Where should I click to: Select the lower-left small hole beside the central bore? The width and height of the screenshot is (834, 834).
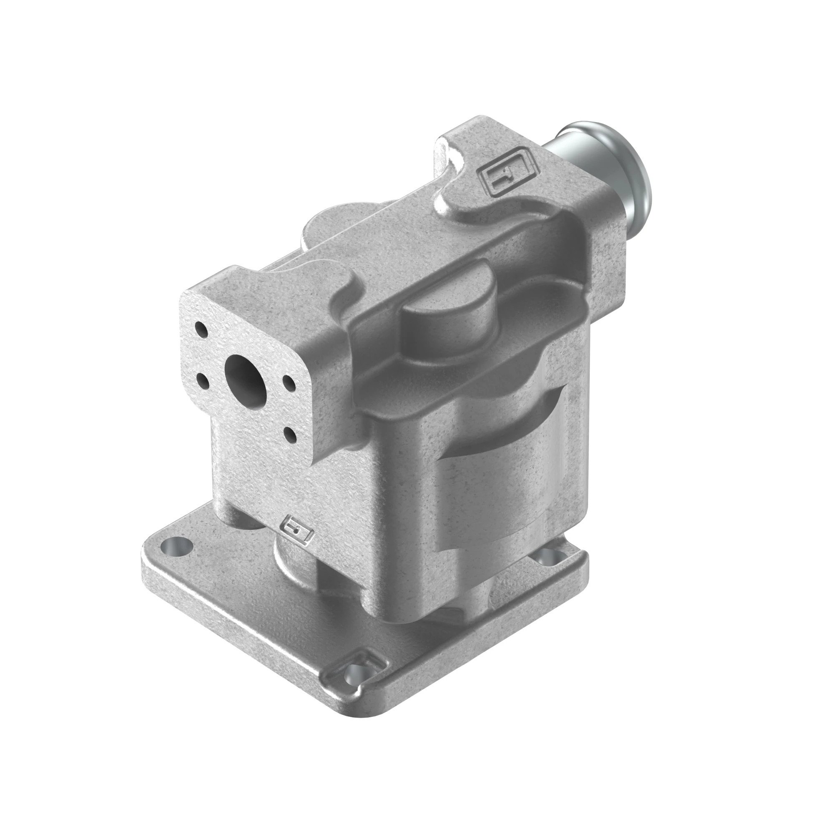tap(203, 380)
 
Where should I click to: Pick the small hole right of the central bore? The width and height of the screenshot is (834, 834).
tap(287, 382)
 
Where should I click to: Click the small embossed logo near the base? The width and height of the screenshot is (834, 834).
tap(296, 530)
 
